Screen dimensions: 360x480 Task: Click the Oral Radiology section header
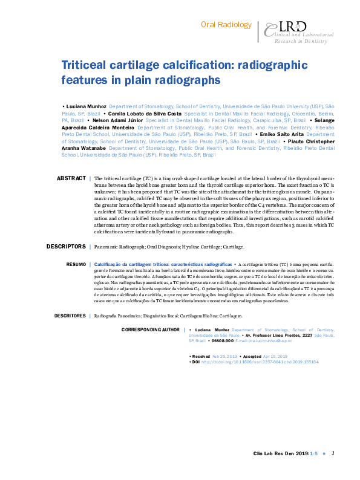point(226,25)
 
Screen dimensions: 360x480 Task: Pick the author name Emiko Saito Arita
point(280,134)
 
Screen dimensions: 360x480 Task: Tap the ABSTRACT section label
point(71,179)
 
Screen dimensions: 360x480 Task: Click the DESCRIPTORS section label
point(66,247)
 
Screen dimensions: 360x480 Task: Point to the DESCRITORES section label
point(70,316)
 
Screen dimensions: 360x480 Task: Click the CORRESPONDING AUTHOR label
point(151,329)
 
